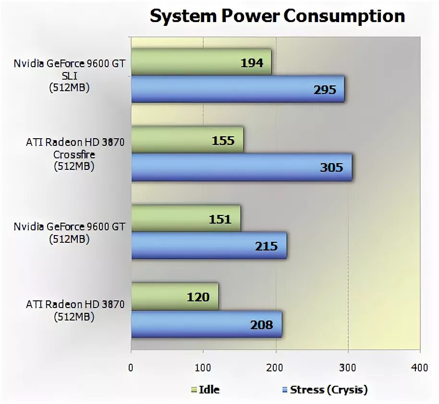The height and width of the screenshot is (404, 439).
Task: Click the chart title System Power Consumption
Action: click(277, 16)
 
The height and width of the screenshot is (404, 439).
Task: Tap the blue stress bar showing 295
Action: click(237, 89)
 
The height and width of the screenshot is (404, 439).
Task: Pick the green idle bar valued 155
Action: click(187, 141)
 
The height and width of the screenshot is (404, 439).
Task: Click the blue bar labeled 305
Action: click(241, 167)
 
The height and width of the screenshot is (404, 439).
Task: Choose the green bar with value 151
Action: click(185, 219)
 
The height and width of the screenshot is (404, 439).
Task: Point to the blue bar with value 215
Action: click(208, 246)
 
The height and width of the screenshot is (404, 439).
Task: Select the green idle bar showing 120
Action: click(174, 297)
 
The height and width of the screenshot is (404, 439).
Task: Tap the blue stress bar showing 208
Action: click(207, 325)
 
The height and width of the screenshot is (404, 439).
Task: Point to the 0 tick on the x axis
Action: click(131, 368)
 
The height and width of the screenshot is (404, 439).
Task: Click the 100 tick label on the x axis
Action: click(203, 368)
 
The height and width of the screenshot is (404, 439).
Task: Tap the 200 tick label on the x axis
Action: click(276, 368)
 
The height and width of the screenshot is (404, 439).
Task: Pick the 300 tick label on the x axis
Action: click(348, 368)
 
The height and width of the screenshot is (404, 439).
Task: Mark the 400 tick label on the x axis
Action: click(420, 368)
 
